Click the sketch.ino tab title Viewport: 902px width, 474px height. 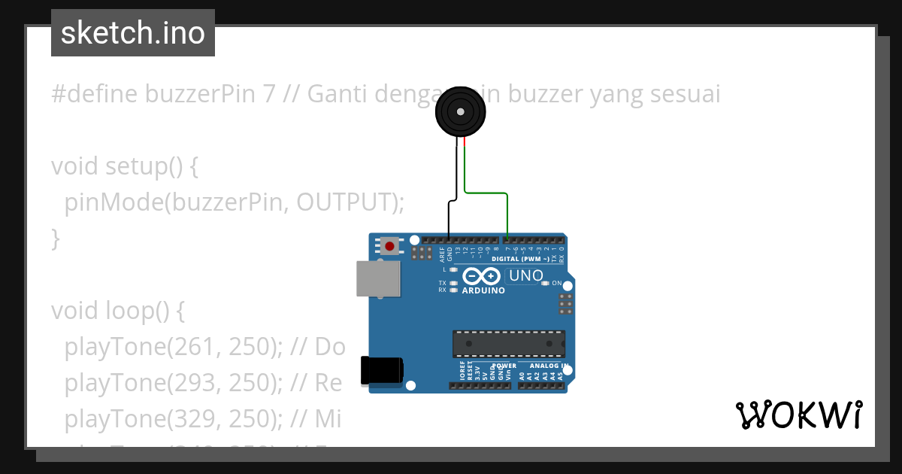(x=132, y=33)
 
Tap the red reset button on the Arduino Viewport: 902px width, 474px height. (x=389, y=246)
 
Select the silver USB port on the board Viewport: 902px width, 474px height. (x=378, y=278)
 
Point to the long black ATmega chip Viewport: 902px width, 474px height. (x=508, y=343)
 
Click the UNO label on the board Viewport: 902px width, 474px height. (x=526, y=276)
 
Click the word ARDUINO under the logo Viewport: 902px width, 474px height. (x=483, y=290)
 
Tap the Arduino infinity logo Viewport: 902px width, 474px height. (x=483, y=276)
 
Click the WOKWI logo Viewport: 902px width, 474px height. (x=798, y=415)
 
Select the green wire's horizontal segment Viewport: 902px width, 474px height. (x=486, y=193)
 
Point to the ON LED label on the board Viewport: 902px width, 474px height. (x=557, y=284)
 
